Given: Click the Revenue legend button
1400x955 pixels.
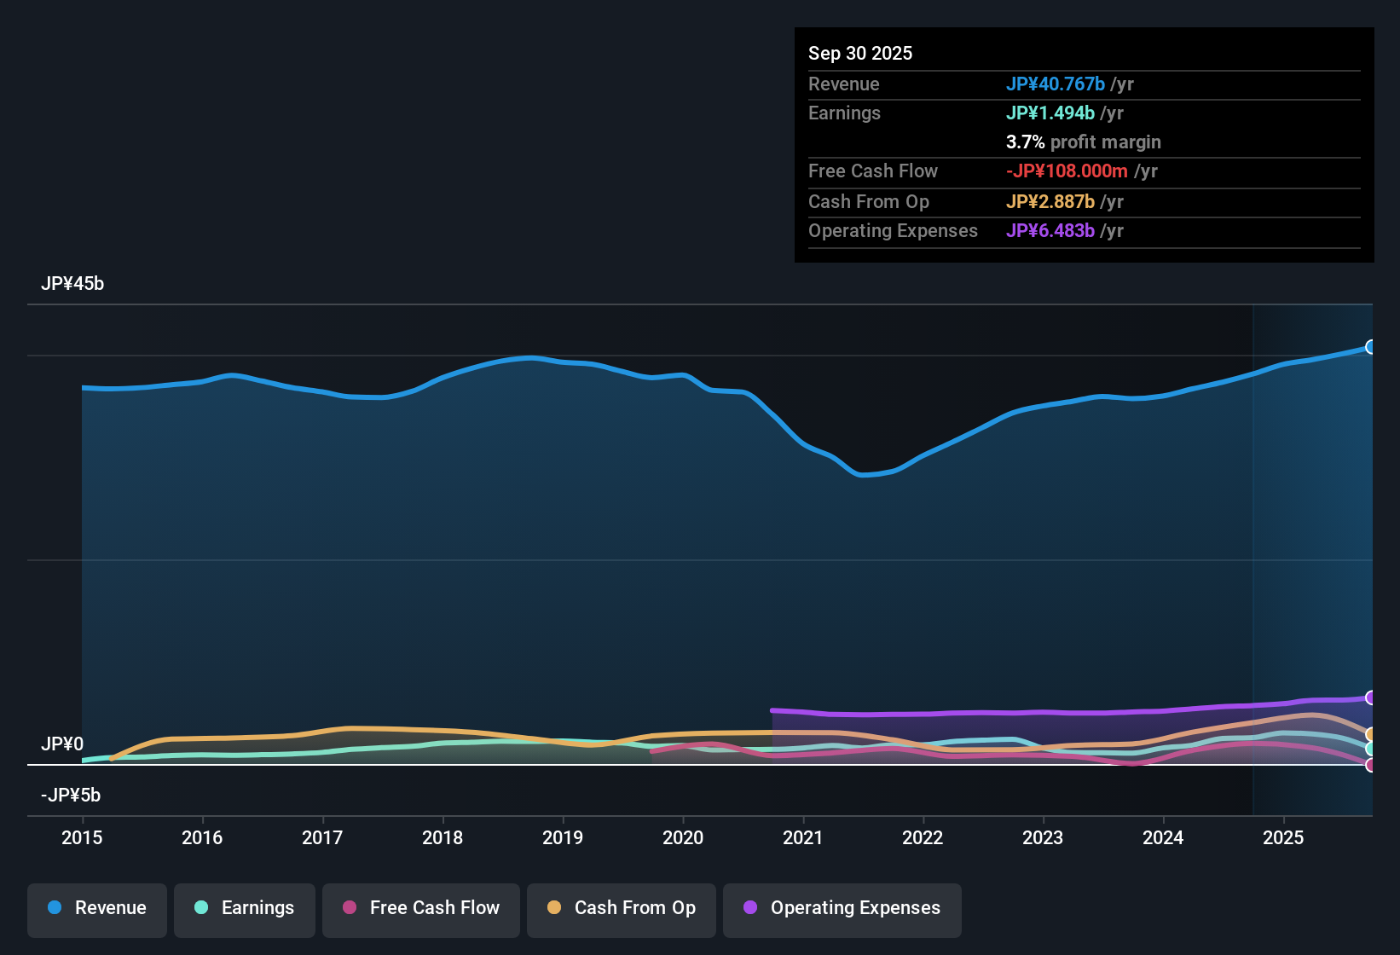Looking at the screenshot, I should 97,908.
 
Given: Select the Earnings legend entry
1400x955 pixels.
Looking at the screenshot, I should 245,908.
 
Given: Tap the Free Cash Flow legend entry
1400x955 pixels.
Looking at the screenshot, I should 421,908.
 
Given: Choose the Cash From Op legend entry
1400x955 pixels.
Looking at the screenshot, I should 622,908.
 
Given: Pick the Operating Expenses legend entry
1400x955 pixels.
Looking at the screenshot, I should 842,908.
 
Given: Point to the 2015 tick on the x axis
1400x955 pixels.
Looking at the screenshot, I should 82,837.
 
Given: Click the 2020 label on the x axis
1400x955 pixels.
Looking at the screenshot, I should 683,837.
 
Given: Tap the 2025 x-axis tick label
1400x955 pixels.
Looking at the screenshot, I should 1283,837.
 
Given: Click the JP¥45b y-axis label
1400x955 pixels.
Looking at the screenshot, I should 72,284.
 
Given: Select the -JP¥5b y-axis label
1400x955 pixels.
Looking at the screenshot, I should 71,796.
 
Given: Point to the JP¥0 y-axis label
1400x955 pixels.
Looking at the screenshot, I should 62,744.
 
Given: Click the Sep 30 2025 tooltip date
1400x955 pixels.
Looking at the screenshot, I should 860,54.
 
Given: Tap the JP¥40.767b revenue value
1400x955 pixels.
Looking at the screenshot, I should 1056,84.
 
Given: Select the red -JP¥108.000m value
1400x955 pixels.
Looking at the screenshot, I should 1067,171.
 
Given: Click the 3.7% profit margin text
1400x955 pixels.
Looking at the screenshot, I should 1083,142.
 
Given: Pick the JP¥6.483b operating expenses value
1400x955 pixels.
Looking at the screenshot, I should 1050,231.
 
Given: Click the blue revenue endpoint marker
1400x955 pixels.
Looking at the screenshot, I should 1371,347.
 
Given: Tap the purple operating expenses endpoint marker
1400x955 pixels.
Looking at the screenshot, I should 1371,697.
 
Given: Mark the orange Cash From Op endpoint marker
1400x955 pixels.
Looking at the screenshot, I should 1371,734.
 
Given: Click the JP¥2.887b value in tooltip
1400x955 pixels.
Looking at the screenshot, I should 1050,202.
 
